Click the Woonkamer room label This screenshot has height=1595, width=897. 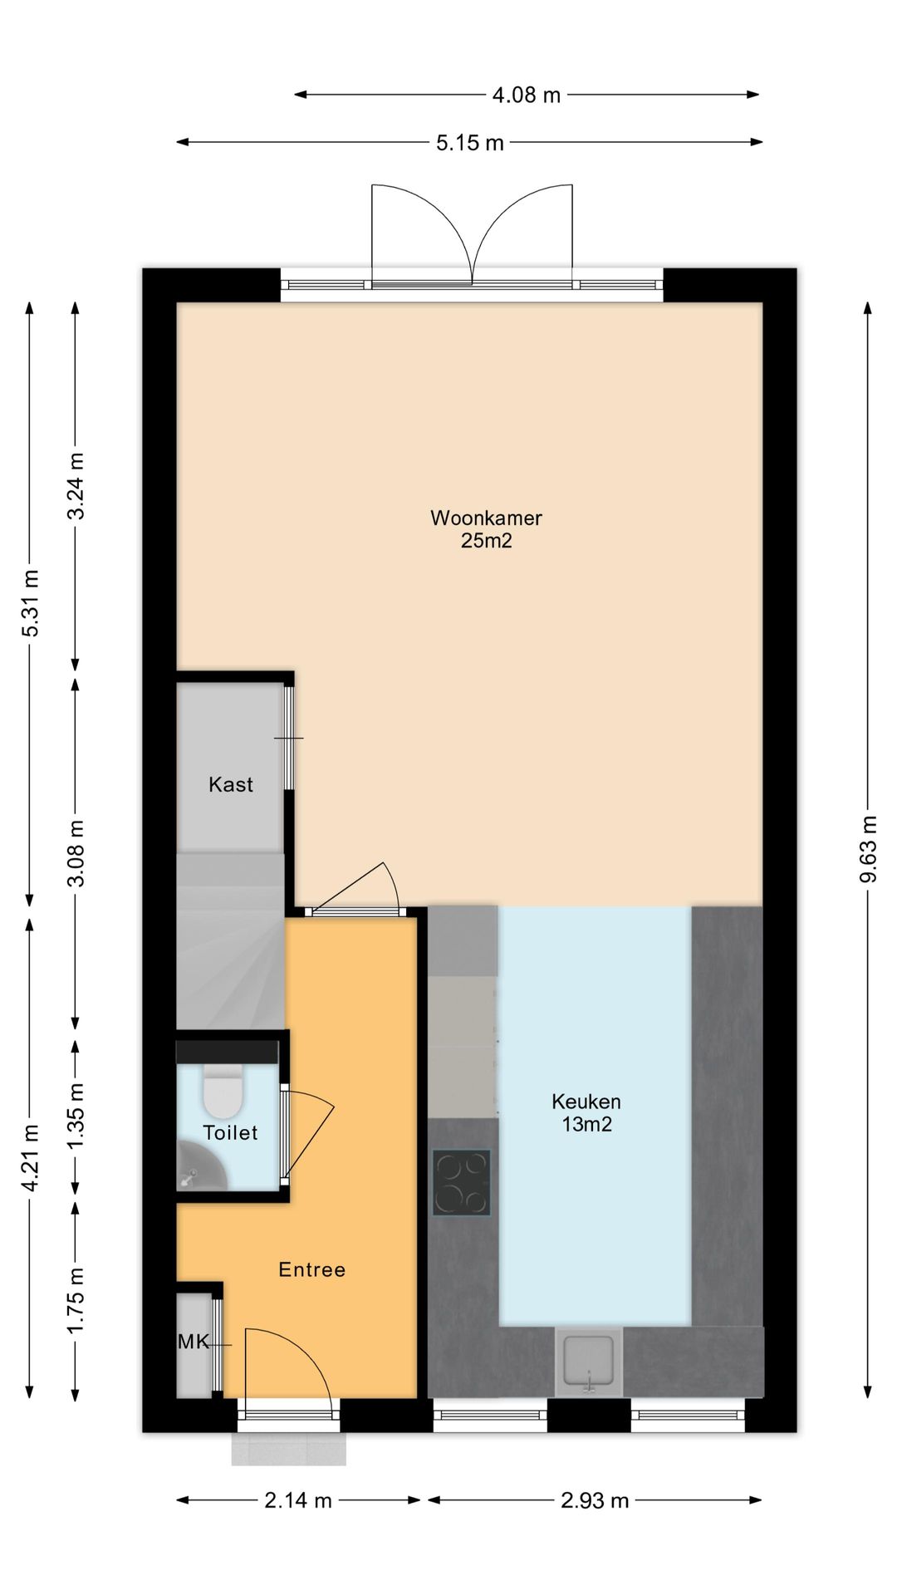486,518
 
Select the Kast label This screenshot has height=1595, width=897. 231,784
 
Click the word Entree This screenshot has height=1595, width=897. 311,1269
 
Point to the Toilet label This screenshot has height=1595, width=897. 230,1132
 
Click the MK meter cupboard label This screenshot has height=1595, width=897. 194,1342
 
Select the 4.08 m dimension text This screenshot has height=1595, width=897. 527,95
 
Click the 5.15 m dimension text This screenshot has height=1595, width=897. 470,143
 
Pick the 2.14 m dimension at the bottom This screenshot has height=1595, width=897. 297,1499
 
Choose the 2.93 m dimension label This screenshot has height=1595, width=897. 595,1499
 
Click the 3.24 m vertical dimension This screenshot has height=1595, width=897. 76,486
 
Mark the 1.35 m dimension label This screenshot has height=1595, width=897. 76,1116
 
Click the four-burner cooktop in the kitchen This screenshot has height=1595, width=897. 461,1183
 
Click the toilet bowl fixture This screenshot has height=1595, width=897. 223,1092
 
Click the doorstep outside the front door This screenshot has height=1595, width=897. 288,1449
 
